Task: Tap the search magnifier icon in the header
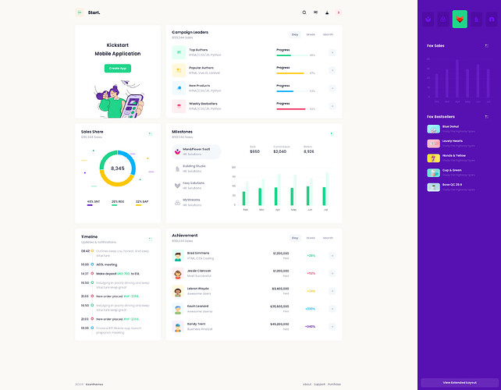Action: pyautogui.click(x=304, y=12)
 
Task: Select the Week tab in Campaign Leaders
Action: pyautogui.click(x=311, y=34)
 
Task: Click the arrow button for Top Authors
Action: pyautogui.click(x=332, y=52)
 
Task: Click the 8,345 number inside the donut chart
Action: pyautogui.click(x=118, y=168)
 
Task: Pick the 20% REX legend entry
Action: pyautogui.click(x=118, y=202)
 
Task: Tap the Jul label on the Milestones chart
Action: pyautogui.click(x=326, y=210)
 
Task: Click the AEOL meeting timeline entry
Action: pyautogui.click(x=105, y=264)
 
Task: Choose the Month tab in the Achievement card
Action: pyautogui.click(x=328, y=237)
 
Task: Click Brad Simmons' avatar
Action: pyautogui.click(x=179, y=255)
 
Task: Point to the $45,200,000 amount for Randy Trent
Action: pyautogui.click(x=279, y=324)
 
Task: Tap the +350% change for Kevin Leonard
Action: pyautogui.click(x=311, y=309)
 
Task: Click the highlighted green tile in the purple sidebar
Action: pyautogui.click(x=460, y=19)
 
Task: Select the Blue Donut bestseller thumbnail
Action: pyautogui.click(x=433, y=128)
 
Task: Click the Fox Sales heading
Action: pyautogui.click(x=435, y=46)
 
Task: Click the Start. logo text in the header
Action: pyautogui.click(x=94, y=12)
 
